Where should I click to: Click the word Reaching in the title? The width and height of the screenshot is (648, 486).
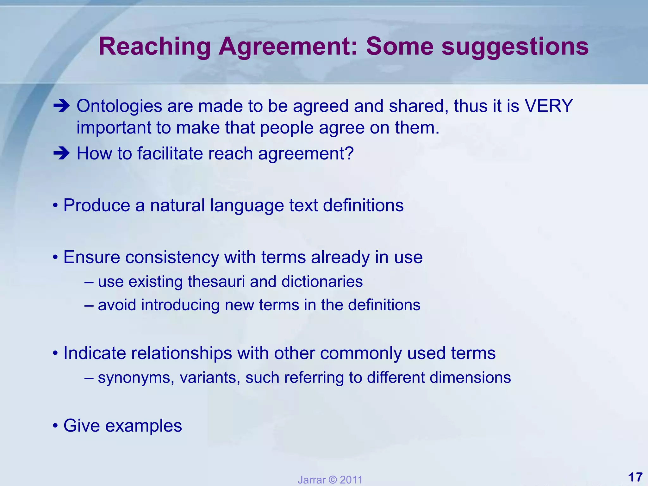[x=154, y=47]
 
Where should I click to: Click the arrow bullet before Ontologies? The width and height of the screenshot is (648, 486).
[x=61, y=106]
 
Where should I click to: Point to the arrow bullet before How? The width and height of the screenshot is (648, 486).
[x=61, y=154]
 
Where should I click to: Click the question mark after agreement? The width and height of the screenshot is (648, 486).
[x=349, y=154]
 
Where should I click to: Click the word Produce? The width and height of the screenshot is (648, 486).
[x=97, y=205]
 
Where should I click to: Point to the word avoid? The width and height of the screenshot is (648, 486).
[x=117, y=305]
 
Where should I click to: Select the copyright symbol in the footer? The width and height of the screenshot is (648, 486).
[x=332, y=480]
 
